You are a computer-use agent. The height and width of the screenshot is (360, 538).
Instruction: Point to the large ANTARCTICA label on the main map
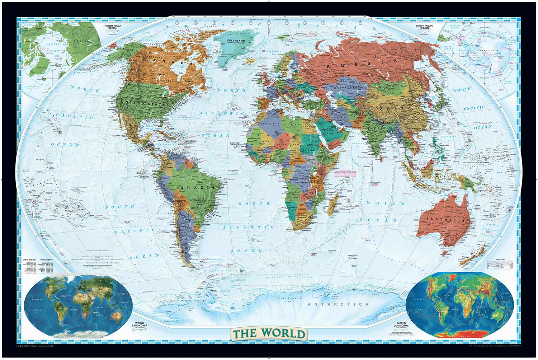(x=339, y=304)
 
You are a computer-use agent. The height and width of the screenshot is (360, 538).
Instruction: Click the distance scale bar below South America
(x=97, y=256)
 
